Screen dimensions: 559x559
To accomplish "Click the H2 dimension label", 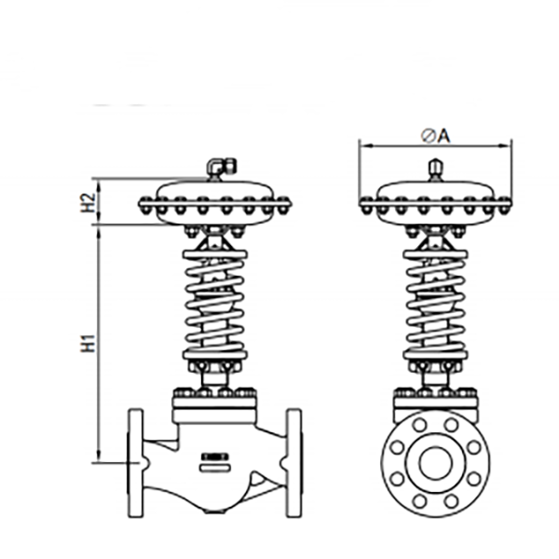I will click(88, 202).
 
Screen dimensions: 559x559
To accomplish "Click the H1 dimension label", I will click(88, 343).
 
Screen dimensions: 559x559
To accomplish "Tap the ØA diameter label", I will click(435, 136).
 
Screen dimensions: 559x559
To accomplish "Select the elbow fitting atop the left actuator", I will click(218, 168).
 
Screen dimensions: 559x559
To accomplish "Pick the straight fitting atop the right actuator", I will click(434, 170).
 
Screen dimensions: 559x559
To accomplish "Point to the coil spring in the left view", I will click(214, 298).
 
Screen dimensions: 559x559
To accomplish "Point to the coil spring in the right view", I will click(434, 298).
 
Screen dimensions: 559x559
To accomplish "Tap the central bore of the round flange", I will click(434, 461).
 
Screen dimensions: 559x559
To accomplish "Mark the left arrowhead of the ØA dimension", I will click(363, 145).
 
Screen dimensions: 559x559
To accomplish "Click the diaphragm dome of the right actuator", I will click(434, 190).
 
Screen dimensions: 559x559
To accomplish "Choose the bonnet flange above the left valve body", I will click(214, 402).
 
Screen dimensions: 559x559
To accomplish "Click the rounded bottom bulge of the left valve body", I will click(214, 503).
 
